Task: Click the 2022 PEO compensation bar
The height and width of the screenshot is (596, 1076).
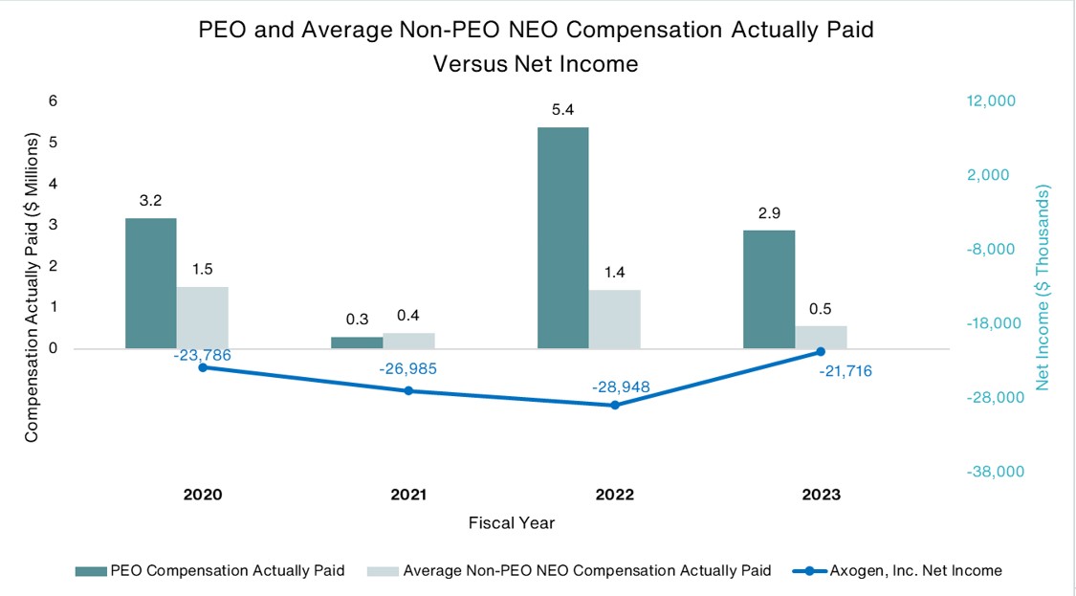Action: click(x=562, y=237)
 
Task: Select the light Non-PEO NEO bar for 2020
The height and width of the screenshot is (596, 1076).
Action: click(x=202, y=318)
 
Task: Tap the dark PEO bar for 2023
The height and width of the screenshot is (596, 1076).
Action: click(x=769, y=289)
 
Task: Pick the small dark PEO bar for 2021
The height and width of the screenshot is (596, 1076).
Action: click(x=356, y=342)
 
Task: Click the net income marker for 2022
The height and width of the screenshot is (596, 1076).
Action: click(x=615, y=406)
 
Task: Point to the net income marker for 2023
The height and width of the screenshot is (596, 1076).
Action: click(x=821, y=352)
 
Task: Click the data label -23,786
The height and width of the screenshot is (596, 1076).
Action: click(x=202, y=355)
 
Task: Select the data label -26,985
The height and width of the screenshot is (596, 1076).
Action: click(x=407, y=368)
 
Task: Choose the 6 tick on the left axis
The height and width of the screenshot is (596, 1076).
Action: click(x=54, y=100)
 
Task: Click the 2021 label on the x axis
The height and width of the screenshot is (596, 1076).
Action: click(x=408, y=495)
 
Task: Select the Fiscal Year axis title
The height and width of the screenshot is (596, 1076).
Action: click(x=511, y=523)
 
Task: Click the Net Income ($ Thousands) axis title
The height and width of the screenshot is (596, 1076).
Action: click(x=1043, y=287)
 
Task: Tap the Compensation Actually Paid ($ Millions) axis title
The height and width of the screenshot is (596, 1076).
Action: click(x=32, y=287)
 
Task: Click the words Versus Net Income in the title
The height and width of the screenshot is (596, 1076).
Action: click(x=536, y=64)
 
